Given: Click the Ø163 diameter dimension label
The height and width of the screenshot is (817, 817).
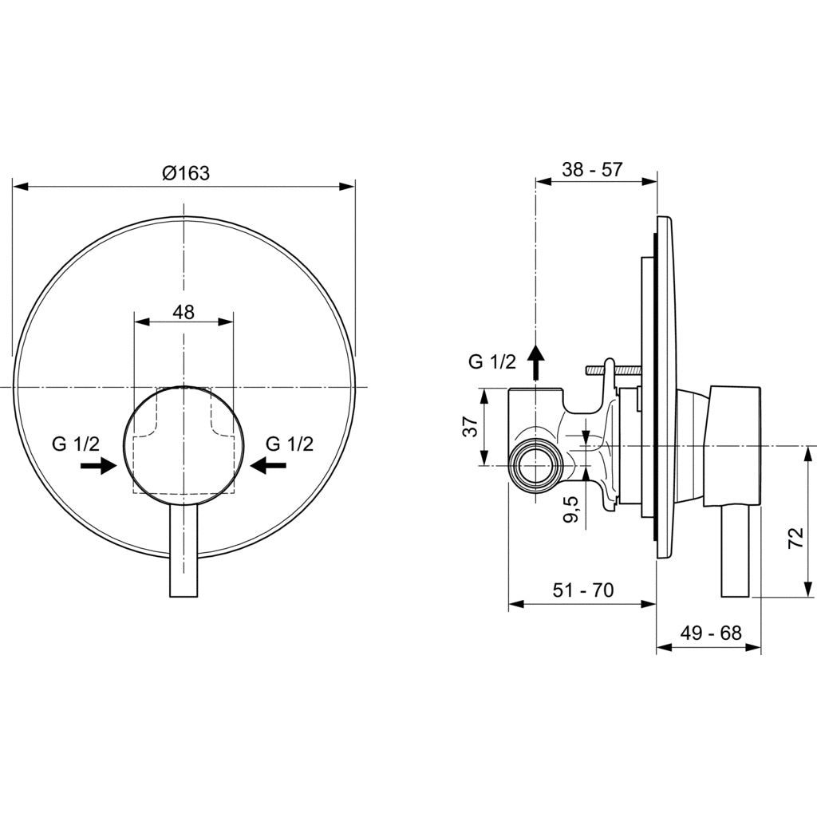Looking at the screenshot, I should click(x=185, y=172).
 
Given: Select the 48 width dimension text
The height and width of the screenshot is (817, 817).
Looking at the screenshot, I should click(x=184, y=312).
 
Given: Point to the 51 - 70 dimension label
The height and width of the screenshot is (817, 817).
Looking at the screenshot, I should click(x=583, y=590).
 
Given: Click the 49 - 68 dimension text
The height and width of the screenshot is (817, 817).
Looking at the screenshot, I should click(x=711, y=633).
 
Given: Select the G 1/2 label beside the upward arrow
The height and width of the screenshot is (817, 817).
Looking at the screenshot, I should click(x=491, y=361).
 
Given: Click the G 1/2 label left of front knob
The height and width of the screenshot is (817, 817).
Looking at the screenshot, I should click(x=77, y=444).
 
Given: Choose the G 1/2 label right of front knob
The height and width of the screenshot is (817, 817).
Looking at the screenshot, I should click(x=290, y=444).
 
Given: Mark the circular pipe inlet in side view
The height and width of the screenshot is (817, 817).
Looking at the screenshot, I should click(x=533, y=464).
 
